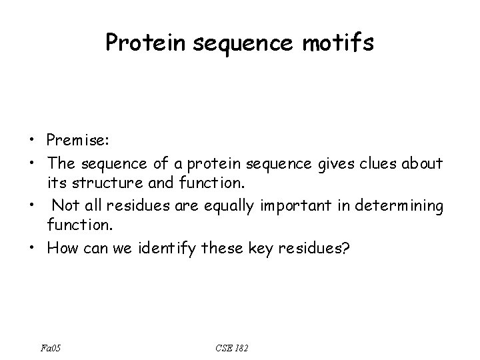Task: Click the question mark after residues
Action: point(345,249)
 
